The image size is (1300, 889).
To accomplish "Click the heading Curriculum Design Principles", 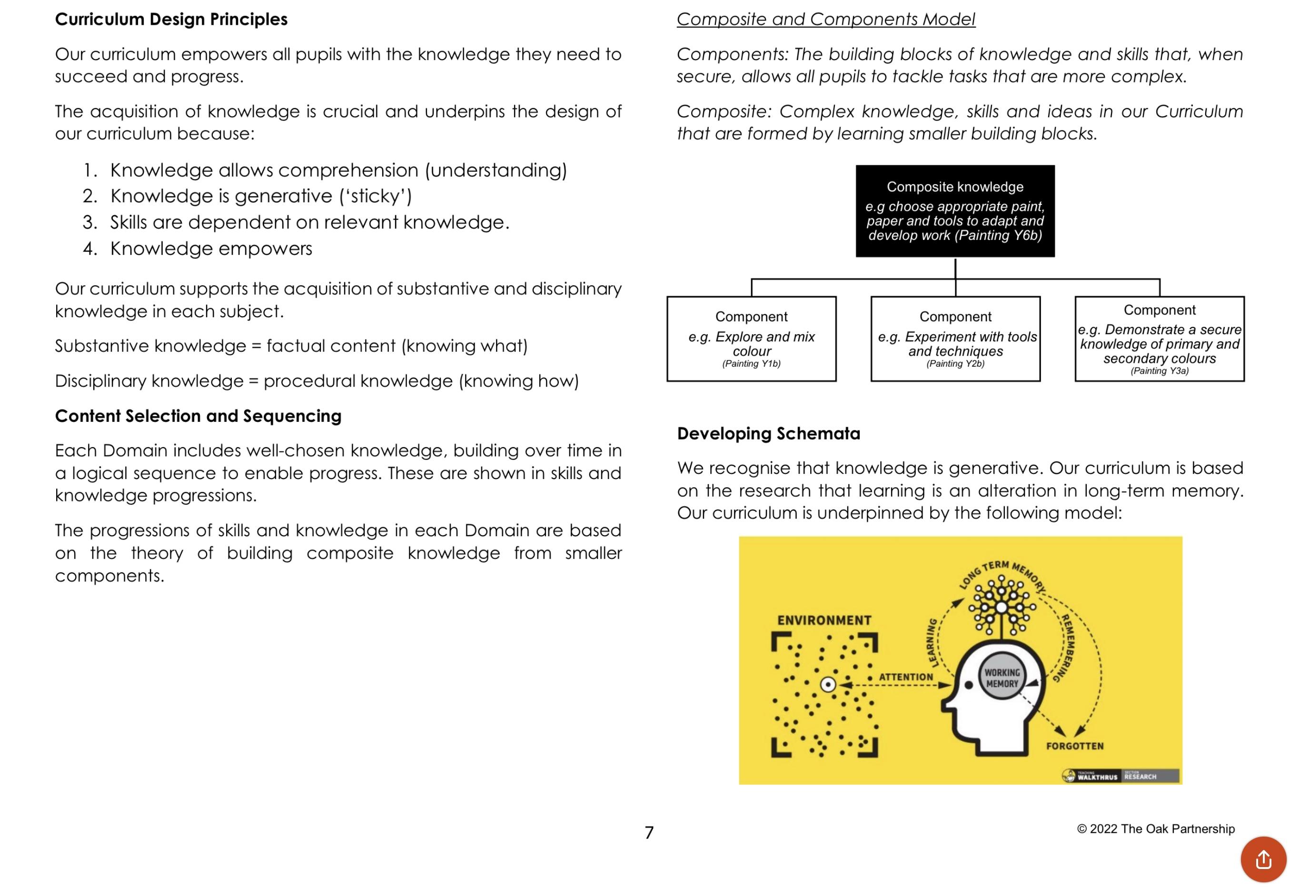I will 171,20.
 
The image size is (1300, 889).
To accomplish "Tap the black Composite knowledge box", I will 955,211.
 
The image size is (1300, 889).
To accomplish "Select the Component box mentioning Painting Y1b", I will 751,339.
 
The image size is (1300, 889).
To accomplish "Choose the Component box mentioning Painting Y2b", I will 955,339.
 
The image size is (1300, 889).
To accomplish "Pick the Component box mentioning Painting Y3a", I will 1159,339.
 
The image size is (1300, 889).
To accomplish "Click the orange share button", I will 1263,859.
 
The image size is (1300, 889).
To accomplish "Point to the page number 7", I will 649,832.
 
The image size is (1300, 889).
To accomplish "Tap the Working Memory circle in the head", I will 1002,678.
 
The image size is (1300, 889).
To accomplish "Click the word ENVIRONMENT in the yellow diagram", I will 824,620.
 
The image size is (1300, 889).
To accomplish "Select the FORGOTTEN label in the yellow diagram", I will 1074,746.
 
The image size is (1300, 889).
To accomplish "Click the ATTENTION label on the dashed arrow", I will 906,677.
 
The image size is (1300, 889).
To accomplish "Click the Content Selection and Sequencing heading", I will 198,416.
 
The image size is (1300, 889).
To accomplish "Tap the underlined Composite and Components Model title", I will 825,20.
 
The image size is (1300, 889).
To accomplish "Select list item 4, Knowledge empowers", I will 211,249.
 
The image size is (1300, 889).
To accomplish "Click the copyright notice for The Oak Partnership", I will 1156,829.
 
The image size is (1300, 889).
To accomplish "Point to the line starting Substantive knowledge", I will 291,346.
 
